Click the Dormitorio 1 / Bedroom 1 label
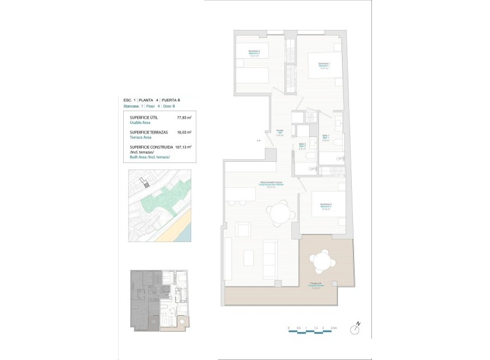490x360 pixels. click(x=324, y=65)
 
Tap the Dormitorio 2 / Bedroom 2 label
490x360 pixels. click(x=255, y=53)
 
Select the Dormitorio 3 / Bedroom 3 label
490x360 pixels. click(x=325, y=207)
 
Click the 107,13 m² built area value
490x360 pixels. click(x=184, y=147)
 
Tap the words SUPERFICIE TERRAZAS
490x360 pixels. click(x=151, y=132)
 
